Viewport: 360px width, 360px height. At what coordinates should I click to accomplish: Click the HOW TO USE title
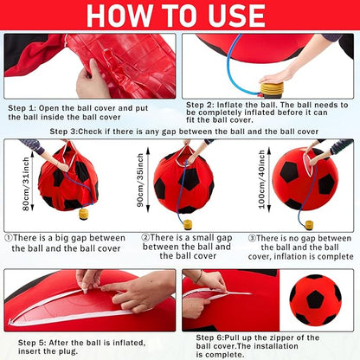pyautogui.click(x=179, y=15)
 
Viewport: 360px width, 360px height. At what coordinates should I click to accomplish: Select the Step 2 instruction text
pyautogui.click(x=271, y=113)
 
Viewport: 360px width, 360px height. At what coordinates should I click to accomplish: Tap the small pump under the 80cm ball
pyautogui.click(x=84, y=213)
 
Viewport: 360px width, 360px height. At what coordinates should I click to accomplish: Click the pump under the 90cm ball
pyautogui.click(x=187, y=223)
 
